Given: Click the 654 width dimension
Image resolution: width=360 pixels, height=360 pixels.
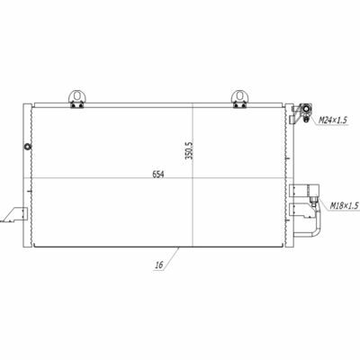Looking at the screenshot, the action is [x=158, y=175].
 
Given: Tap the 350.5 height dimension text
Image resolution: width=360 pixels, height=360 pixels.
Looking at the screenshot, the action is [x=189, y=149].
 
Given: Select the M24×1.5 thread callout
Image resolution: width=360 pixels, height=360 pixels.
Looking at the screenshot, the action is [x=332, y=121].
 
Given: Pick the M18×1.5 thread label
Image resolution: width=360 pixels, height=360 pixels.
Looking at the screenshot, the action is [x=345, y=206].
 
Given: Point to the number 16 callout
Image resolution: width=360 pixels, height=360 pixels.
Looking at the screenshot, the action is [x=159, y=265].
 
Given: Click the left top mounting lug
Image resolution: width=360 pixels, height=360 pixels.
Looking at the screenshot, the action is [x=77, y=99].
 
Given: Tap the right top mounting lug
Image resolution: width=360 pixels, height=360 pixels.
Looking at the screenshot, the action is [x=239, y=99].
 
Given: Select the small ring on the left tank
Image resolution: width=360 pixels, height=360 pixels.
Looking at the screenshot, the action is [x=28, y=147].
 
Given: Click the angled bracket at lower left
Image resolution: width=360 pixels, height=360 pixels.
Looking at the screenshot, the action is [x=14, y=214].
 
